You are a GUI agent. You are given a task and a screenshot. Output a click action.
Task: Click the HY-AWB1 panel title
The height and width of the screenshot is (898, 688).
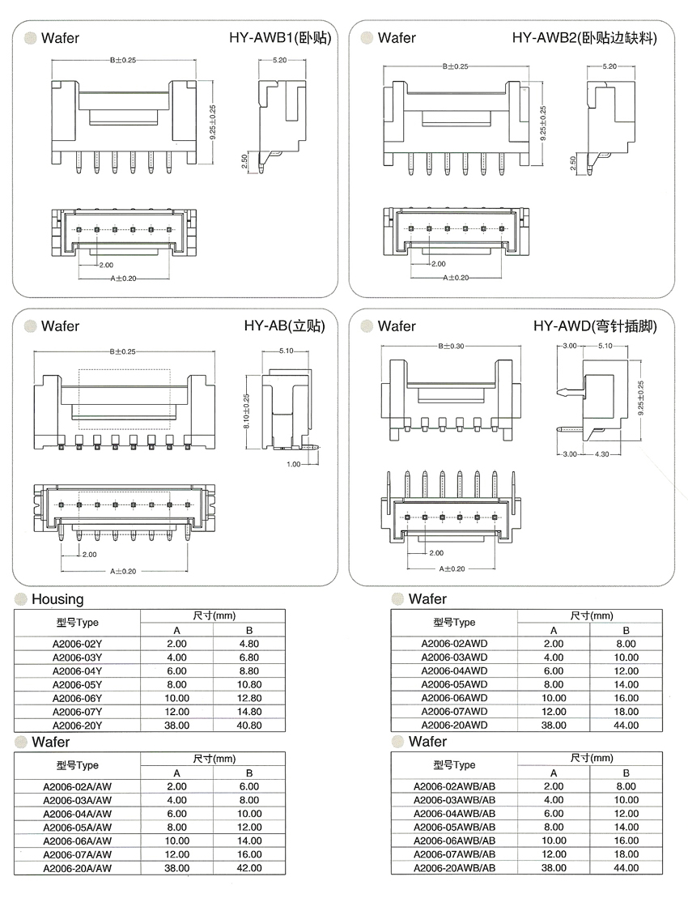tap(281, 38)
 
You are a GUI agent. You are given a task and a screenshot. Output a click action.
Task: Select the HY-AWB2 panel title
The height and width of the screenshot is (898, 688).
tap(584, 38)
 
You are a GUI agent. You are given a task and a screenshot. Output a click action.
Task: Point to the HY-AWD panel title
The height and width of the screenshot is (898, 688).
tap(594, 326)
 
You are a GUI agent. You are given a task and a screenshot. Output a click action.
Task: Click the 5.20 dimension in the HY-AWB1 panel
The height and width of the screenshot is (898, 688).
tap(281, 61)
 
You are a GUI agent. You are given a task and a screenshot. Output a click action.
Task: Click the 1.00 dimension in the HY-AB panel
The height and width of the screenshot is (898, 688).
tap(292, 465)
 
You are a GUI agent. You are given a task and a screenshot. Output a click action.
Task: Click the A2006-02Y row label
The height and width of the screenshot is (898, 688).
tap(77, 644)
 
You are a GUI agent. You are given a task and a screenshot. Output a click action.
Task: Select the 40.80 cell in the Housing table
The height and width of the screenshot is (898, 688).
tap(248, 726)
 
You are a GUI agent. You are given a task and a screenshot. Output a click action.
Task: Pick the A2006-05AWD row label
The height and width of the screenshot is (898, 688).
tap(454, 684)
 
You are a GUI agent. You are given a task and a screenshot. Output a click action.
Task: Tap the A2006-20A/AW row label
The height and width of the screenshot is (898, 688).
tap(77, 868)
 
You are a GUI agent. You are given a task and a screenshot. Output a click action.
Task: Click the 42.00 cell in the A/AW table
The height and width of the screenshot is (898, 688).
tap(248, 868)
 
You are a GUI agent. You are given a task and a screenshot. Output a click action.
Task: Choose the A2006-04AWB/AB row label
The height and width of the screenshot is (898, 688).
tap(454, 813)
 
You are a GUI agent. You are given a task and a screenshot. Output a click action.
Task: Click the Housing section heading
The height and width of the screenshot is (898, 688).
tap(57, 599)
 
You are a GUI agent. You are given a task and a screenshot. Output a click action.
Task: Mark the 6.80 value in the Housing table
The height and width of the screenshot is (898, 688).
tap(248, 658)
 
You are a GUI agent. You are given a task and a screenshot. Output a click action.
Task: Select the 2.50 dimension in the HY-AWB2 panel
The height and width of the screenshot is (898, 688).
tap(574, 164)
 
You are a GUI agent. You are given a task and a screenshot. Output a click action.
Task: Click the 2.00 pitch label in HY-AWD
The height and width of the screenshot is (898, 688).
tap(435, 553)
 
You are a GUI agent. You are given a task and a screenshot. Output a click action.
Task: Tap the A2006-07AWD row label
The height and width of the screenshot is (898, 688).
tap(454, 712)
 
